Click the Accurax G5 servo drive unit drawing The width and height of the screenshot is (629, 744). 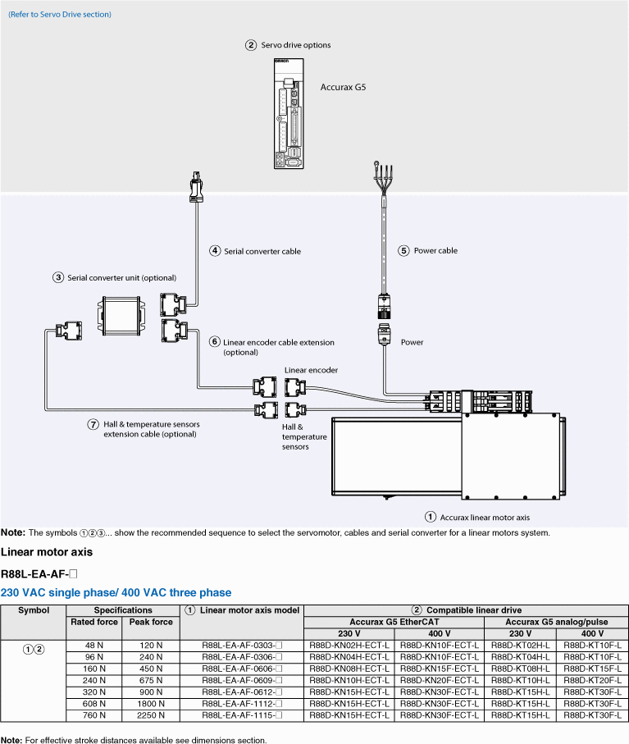(x=289, y=113)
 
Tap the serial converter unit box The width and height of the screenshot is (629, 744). (x=121, y=316)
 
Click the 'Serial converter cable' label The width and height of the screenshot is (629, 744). (x=262, y=252)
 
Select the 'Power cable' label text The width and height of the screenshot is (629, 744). (x=435, y=250)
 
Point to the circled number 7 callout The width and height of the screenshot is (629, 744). (x=93, y=424)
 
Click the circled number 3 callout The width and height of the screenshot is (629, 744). (x=58, y=277)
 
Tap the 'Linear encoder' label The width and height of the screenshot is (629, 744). (x=311, y=370)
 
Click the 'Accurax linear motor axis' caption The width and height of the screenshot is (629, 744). (x=485, y=518)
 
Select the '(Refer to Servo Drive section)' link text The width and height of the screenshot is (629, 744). (x=60, y=14)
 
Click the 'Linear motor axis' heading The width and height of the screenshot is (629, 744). (x=47, y=552)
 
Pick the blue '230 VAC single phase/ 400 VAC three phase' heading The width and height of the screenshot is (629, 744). (x=116, y=592)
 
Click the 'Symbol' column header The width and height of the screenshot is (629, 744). (x=34, y=610)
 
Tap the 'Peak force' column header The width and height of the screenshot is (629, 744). (x=151, y=622)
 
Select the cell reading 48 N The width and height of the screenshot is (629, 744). (x=94, y=646)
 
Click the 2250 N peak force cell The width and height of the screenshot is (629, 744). (x=150, y=715)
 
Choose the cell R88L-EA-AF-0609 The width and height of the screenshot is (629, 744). (x=242, y=680)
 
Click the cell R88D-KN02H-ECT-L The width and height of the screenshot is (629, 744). (x=349, y=646)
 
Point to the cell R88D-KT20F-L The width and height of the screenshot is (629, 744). (x=592, y=680)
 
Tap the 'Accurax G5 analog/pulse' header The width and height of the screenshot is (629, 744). (x=556, y=622)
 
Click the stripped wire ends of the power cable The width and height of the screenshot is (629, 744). (x=383, y=177)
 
